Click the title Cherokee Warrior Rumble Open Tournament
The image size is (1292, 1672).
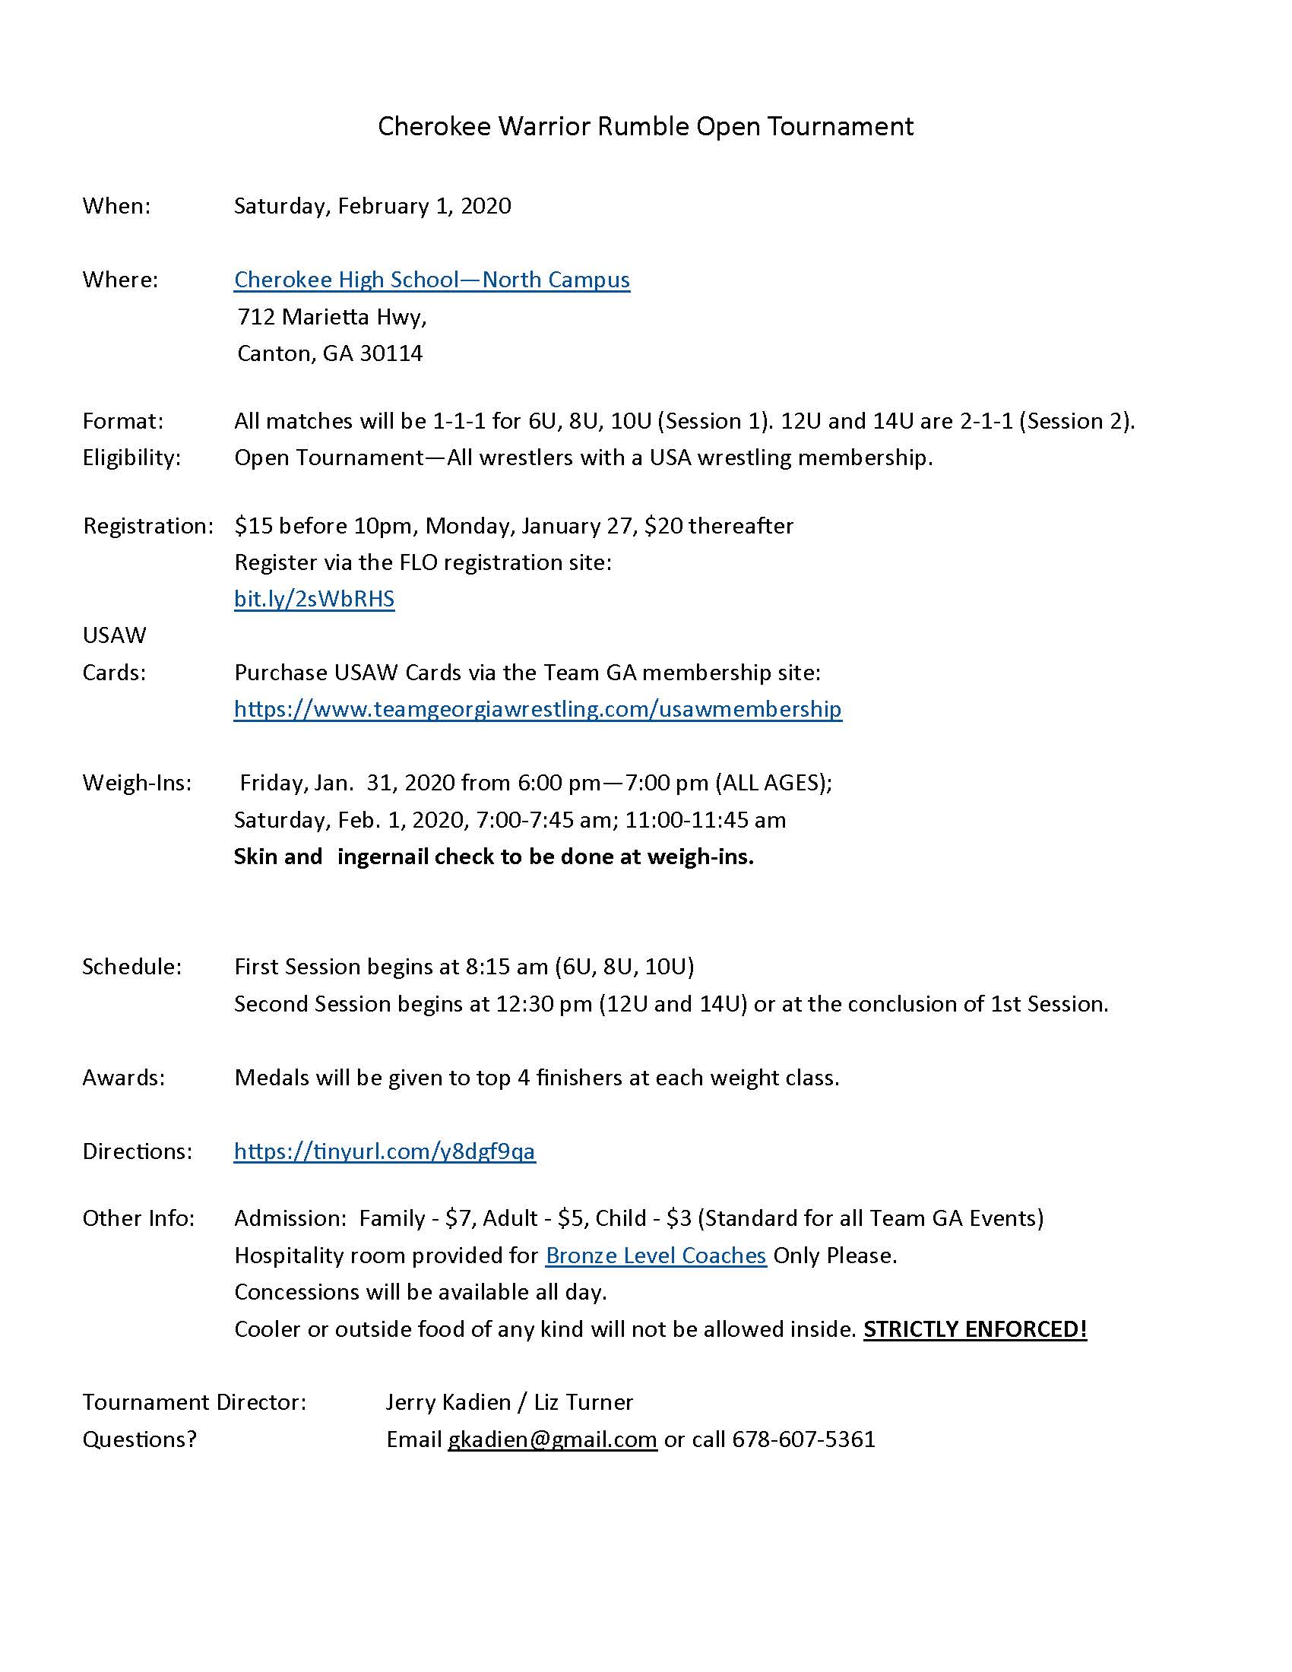[645, 126]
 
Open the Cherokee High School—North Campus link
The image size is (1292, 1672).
[432, 280]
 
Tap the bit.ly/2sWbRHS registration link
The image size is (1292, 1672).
[314, 599]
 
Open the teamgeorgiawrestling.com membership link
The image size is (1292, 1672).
[537, 709]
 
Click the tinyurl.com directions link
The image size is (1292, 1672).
[385, 1151]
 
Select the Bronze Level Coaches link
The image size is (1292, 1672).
[655, 1256]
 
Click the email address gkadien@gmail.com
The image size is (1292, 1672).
[552, 1439]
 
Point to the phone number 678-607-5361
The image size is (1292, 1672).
[803, 1439]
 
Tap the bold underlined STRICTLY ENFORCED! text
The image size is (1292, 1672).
[975, 1329]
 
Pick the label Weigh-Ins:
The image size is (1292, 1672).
[137, 783]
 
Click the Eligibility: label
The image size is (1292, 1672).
[131, 458]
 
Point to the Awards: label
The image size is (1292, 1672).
[124, 1078]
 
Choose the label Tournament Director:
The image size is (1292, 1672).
[195, 1402]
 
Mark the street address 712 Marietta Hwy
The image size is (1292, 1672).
[331, 317]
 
